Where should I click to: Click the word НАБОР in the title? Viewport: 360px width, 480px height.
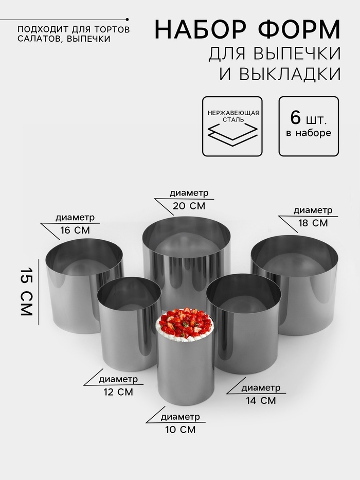coord(201,30)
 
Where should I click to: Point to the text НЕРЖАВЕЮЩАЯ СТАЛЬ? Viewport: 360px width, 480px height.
coord(233,116)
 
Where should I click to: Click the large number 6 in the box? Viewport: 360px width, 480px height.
coord(296,117)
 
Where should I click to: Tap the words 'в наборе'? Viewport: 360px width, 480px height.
coord(309,133)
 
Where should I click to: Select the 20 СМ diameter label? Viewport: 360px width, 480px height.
coord(189,206)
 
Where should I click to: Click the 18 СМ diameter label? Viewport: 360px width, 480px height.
coord(313,223)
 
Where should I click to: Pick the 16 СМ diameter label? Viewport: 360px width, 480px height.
coord(75,230)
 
